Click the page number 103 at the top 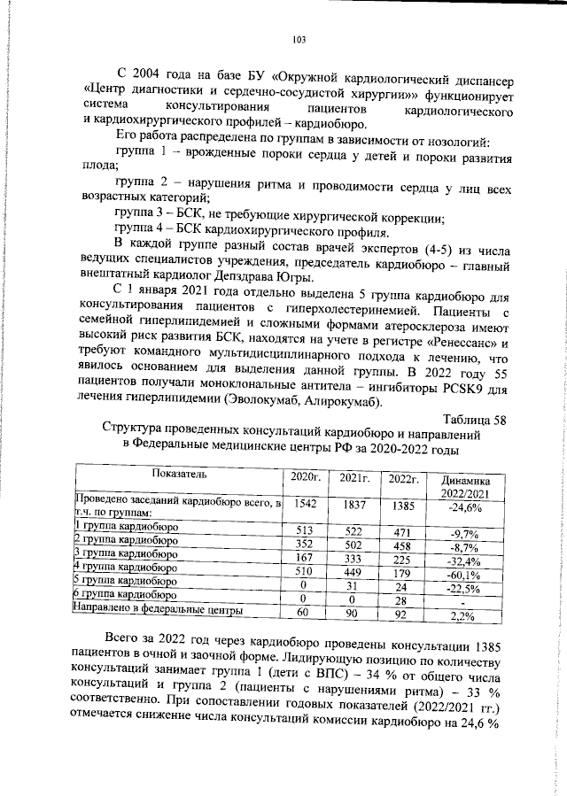(x=299, y=39)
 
